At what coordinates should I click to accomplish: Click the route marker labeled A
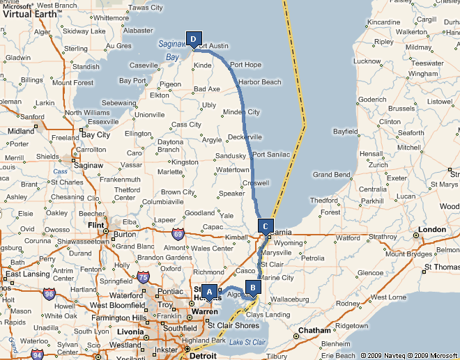point(209,292)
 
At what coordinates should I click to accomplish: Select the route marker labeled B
point(252,286)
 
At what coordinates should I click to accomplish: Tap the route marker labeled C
point(265,226)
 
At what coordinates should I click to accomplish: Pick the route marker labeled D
point(194,39)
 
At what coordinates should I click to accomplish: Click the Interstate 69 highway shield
point(179,234)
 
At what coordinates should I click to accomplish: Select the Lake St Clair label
point(247,342)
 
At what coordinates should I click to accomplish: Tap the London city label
point(432,229)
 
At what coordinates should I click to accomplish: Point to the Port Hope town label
point(245,65)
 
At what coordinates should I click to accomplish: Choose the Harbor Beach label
point(259,82)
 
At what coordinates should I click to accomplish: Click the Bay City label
point(96,134)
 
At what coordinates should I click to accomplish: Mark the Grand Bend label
point(331,175)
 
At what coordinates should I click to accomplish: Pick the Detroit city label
point(203,356)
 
